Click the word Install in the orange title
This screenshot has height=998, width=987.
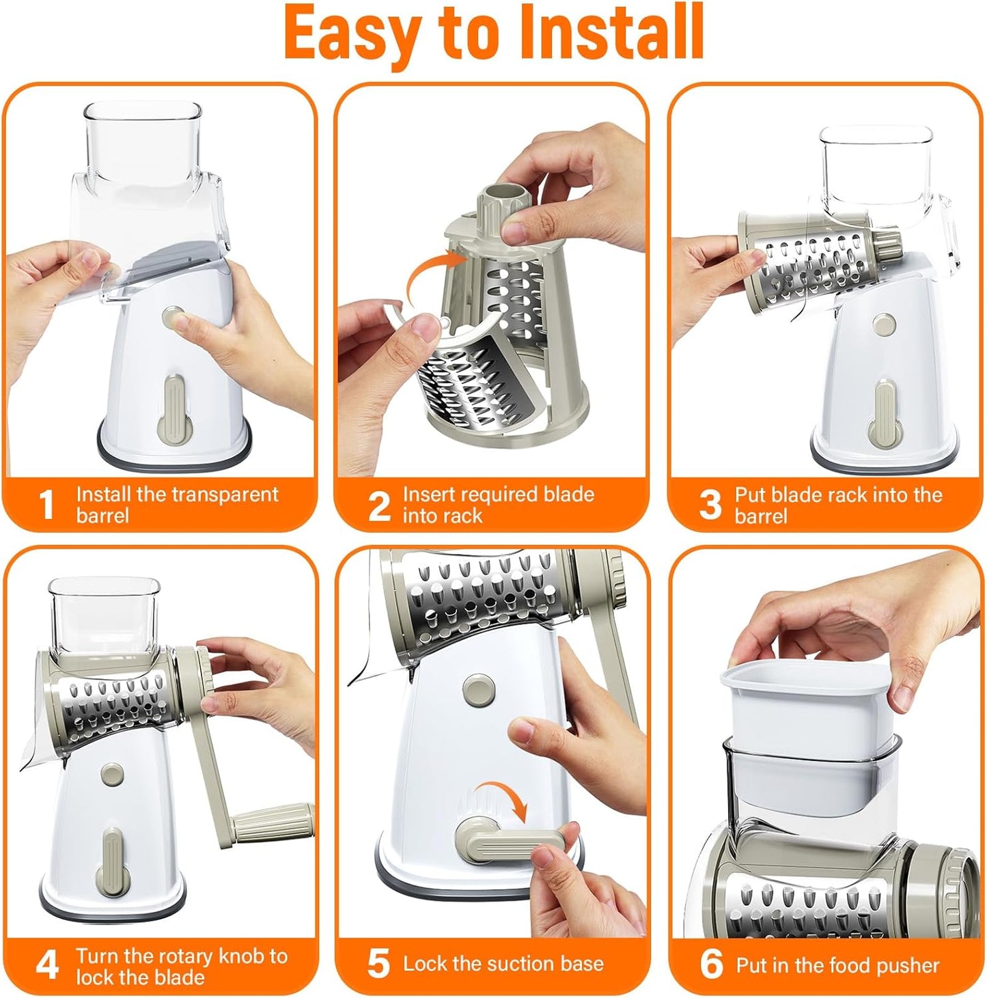click(x=611, y=33)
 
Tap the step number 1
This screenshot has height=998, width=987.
click(x=46, y=505)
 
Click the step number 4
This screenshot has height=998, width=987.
click(x=46, y=965)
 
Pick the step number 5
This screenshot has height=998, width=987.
click(x=378, y=964)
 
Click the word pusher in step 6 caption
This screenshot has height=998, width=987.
click(x=907, y=965)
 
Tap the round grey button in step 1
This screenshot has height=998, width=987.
click(x=173, y=317)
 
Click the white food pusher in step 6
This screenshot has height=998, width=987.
click(x=806, y=710)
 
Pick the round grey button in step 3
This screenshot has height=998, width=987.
click(x=885, y=325)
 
